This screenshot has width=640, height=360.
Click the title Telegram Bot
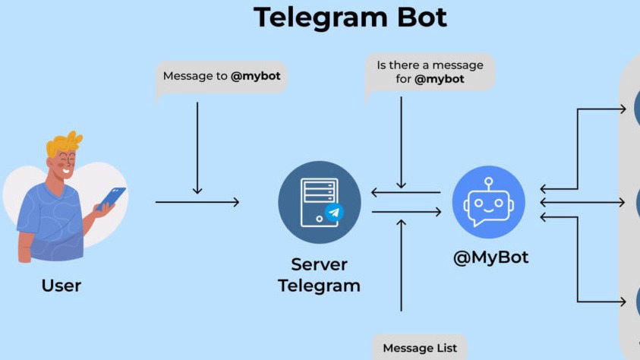pyautogui.click(x=350, y=17)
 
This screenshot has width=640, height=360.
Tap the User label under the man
pyautogui.click(x=61, y=286)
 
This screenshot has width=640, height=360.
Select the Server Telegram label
pyautogui.click(x=319, y=275)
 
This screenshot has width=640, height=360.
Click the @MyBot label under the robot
pyautogui.click(x=490, y=257)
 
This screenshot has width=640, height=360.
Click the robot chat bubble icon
pyautogui.click(x=489, y=203)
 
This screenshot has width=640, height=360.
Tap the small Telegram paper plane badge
pyautogui.click(x=333, y=212)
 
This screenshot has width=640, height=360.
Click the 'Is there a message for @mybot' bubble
pyautogui.click(x=430, y=72)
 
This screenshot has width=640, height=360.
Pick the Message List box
pyautogui.click(x=420, y=348)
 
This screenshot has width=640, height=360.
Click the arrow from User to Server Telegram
pyautogui.click(x=197, y=202)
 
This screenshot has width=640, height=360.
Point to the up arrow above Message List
pyautogui.click(x=402, y=266)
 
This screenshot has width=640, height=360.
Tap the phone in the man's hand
pyautogui.click(x=112, y=197)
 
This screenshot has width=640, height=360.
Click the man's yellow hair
pyautogui.click(x=64, y=144)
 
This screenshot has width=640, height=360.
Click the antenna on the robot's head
pyautogui.click(x=489, y=182)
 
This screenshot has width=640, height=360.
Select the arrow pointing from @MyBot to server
pyautogui.click(x=405, y=192)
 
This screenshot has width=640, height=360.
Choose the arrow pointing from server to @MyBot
pyautogui.click(x=405, y=212)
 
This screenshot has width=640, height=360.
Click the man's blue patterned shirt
pyautogui.click(x=53, y=224)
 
